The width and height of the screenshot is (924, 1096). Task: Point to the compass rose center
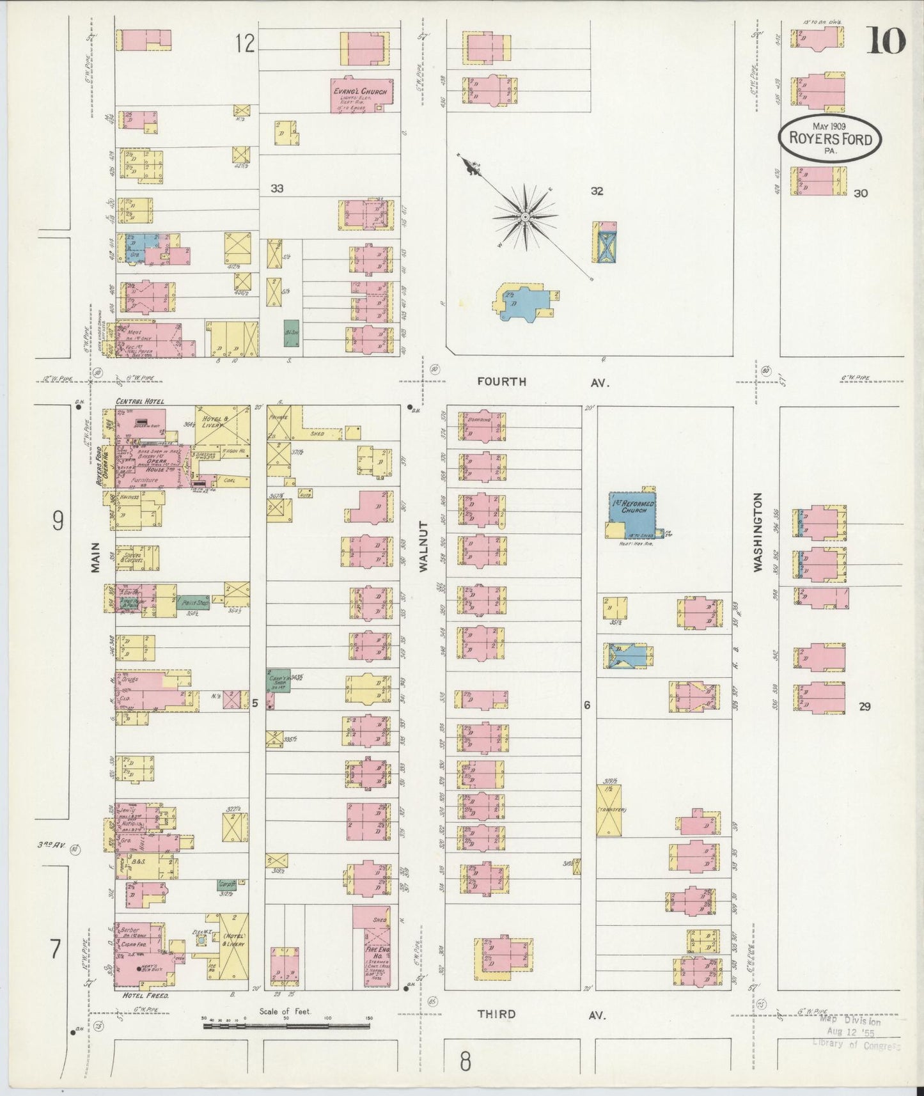[524, 217]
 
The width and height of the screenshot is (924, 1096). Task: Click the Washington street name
[758, 531]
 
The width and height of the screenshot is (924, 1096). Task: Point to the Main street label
[95, 556]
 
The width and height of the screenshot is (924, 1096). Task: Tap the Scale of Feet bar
[286, 1026]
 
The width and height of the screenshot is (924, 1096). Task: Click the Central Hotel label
[140, 401]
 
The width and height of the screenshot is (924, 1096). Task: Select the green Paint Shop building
[195, 602]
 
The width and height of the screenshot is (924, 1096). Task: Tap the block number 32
[597, 191]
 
